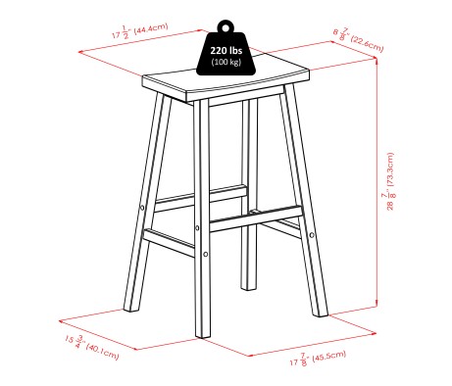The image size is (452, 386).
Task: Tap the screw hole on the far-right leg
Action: (312, 235)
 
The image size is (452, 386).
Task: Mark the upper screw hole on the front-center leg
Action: (204, 227)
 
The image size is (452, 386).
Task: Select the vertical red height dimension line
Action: (377, 186)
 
